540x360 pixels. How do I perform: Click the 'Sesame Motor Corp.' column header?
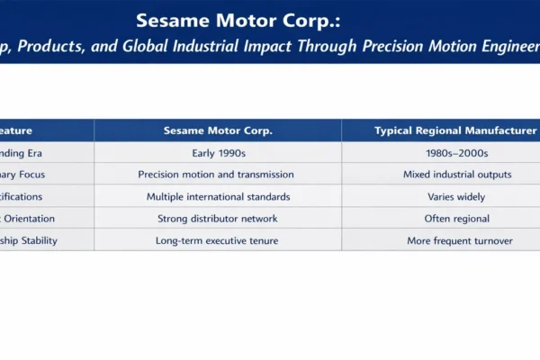point(218,130)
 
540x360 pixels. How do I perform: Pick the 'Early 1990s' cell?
point(218,153)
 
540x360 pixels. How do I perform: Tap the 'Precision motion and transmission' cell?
point(218,175)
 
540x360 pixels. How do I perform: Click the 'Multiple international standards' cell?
point(218,196)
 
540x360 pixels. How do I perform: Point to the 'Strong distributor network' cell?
point(218,218)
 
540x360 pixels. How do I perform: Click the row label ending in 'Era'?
point(22,153)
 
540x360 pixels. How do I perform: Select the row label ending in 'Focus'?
point(22,175)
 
